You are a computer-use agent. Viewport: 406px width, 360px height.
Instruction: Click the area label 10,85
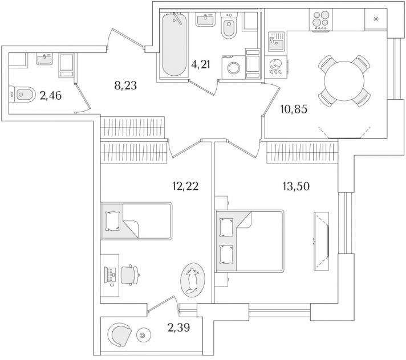[294, 109]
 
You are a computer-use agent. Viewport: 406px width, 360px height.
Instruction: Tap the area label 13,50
[296, 186]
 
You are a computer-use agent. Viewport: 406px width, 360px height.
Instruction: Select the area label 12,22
[185, 186]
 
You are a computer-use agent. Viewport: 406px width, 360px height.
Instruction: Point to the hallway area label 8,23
[125, 85]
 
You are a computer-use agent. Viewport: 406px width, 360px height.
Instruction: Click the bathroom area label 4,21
[200, 64]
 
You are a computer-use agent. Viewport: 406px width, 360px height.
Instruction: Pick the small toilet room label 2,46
[51, 96]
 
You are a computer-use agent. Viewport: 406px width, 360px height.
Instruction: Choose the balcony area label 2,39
[178, 328]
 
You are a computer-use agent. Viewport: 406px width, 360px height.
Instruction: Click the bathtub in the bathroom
[174, 45]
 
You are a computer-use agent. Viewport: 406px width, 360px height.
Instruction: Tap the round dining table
[344, 81]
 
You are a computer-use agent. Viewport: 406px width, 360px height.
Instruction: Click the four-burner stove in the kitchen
[321, 20]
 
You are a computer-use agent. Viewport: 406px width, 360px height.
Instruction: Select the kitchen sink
[277, 42]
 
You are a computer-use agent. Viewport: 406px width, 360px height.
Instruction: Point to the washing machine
[234, 67]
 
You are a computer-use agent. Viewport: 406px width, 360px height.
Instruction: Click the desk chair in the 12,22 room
[130, 275]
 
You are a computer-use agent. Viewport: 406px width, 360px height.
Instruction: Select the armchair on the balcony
[120, 336]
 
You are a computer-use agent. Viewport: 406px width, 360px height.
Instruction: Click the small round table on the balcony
[142, 336]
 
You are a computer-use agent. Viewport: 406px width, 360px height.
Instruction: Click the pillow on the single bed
[113, 221]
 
